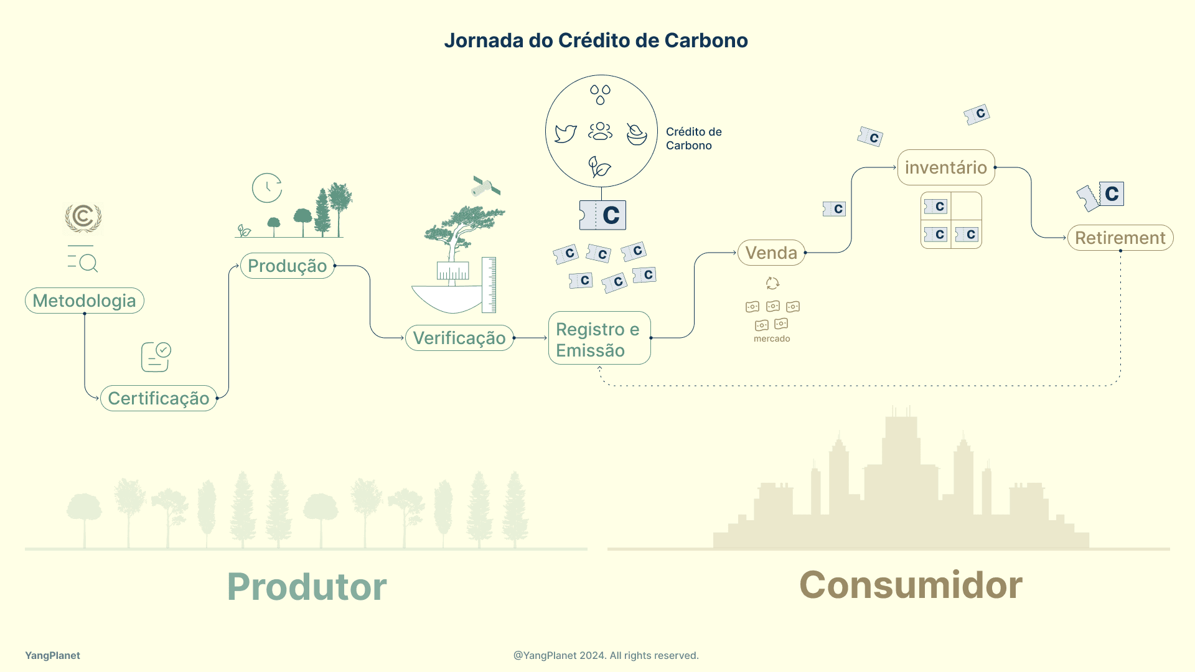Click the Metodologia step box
click(x=85, y=301)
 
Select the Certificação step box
click(x=158, y=398)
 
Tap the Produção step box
click(x=287, y=266)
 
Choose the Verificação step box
click(x=459, y=338)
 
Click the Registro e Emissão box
click(x=599, y=338)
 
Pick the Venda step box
click(x=771, y=253)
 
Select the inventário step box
click(x=946, y=167)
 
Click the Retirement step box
click(x=1120, y=238)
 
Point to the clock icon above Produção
click(x=267, y=188)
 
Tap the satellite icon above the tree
click(x=486, y=186)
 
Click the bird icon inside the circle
click(x=565, y=133)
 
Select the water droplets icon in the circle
click(x=600, y=95)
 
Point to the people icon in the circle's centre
click(x=600, y=131)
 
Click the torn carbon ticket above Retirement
click(x=1100, y=196)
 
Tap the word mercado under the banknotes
click(x=772, y=338)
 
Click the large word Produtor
click(x=307, y=586)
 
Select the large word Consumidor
click(x=911, y=585)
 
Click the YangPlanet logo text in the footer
click(x=52, y=655)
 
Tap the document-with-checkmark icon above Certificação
click(x=156, y=357)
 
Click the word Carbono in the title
click(x=706, y=40)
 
